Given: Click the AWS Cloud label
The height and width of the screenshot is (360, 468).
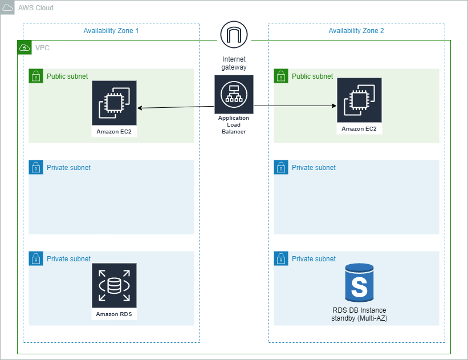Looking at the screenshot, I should click(36, 7).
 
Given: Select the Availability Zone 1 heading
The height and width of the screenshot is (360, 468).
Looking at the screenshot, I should click(111, 31).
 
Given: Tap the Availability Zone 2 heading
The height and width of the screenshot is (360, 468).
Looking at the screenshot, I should click(356, 31).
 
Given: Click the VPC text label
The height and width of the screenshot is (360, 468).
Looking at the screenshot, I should click(42, 48).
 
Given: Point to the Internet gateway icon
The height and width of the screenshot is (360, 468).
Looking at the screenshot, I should click(234, 35).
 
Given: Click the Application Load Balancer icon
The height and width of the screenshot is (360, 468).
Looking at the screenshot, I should click(234, 95).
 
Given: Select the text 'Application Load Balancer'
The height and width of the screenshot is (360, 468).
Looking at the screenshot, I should click(234, 125).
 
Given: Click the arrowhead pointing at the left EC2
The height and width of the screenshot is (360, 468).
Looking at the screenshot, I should click(140, 107).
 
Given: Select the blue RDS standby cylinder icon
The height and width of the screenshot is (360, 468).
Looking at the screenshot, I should click(359, 283).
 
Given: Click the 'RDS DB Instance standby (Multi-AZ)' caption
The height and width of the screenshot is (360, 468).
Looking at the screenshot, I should click(359, 314).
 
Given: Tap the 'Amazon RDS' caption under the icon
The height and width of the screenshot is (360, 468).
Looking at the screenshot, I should click(114, 314).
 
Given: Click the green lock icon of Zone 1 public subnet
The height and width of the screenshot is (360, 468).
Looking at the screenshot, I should click(35, 76).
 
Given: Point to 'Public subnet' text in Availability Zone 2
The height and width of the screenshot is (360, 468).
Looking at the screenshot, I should click(312, 76).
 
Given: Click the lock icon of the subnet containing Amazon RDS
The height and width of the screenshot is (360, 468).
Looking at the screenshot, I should click(35, 258).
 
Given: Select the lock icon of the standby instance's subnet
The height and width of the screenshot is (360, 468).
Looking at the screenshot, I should click(280, 258).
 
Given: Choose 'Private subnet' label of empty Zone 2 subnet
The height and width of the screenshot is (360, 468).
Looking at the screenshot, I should click(314, 168).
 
